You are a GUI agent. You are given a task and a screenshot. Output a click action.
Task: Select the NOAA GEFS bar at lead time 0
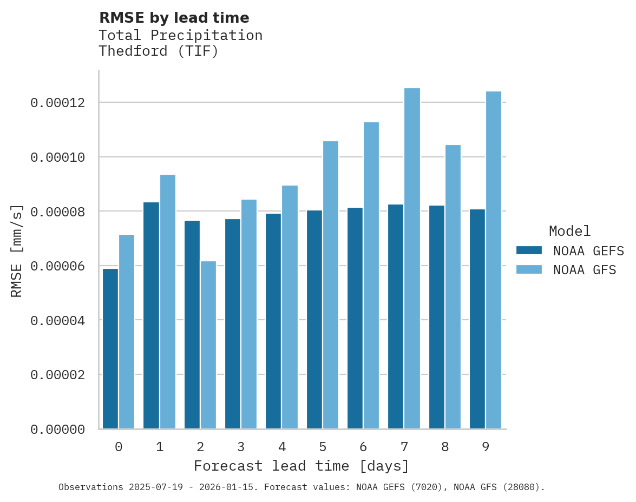click(110, 349)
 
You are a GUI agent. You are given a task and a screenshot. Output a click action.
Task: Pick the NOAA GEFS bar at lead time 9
click(477, 319)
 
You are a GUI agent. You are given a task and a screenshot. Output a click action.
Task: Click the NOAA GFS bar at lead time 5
click(330, 285)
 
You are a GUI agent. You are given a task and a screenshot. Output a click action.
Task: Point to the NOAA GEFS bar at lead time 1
click(151, 315)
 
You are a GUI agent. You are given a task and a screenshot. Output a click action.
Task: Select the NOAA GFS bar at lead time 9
click(494, 260)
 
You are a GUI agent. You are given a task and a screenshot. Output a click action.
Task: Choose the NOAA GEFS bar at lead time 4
click(273, 321)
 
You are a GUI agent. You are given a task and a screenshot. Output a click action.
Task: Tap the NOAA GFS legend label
click(584, 269)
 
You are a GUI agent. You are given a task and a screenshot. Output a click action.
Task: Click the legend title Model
click(569, 231)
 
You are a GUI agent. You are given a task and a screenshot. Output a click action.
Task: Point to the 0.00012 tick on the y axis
click(57, 102)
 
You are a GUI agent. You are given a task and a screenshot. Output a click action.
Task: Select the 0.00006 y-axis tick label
click(57, 266)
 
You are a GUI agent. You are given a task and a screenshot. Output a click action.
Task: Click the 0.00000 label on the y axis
click(57, 430)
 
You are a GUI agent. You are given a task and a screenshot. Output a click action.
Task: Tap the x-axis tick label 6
click(363, 447)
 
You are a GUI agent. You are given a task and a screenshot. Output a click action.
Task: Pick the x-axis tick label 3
click(241, 447)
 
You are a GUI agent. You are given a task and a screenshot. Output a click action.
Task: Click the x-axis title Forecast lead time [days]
click(301, 466)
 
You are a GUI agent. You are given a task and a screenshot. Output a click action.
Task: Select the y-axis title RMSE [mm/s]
click(17, 251)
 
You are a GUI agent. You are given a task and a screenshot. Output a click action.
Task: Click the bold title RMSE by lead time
click(174, 18)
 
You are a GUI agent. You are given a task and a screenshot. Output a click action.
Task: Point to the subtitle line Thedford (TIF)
click(159, 51)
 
